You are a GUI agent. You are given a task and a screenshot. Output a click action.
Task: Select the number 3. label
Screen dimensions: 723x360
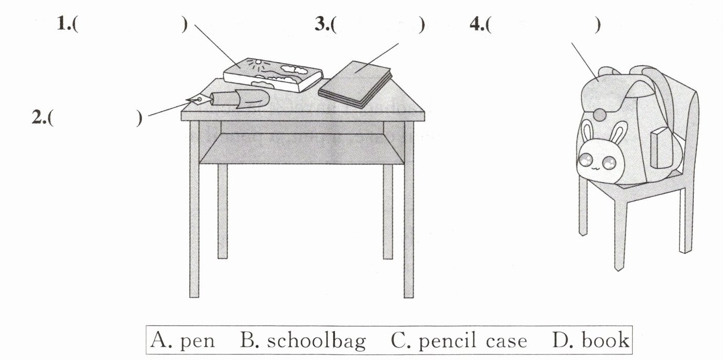(323, 25)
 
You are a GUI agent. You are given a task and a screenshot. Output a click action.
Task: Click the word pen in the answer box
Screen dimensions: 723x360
(197, 341)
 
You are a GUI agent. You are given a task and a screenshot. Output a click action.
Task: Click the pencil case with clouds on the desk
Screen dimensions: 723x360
(273, 75)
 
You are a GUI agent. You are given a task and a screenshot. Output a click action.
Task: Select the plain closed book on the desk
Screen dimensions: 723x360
(355, 84)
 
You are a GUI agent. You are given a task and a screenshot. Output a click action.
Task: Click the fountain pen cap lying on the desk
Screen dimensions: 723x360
(251, 99)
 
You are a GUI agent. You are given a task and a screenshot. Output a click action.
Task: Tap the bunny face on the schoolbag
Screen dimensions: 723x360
(596, 162)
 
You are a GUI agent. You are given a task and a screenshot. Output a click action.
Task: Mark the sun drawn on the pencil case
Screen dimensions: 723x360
(257, 64)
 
